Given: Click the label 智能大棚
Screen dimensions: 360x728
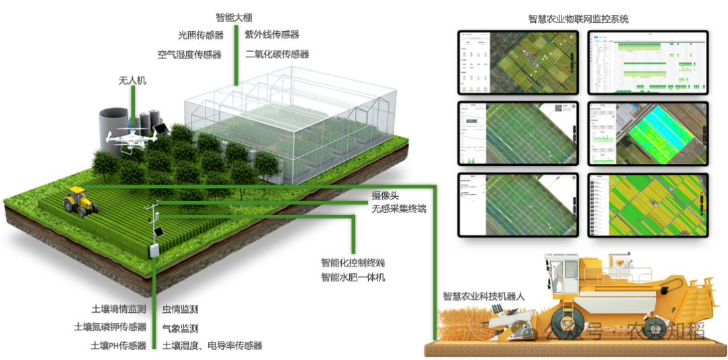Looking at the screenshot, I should (x=234, y=18).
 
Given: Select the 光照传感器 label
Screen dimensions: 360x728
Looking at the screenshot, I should (x=200, y=35).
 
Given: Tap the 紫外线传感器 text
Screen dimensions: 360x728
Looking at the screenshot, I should (x=272, y=34).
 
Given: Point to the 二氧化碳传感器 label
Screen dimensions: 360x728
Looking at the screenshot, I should (x=277, y=55).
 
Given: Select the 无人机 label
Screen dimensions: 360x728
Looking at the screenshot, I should (x=132, y=81).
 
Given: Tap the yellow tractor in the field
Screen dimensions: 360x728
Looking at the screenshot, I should (x=80, y=200).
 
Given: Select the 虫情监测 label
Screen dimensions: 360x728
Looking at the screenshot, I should (x=180, y=309).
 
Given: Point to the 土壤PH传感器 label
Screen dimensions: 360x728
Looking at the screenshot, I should (x=119, y=345).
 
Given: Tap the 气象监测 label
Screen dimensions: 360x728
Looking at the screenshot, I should (x=180, y=328).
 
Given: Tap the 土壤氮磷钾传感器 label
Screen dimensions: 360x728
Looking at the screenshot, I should (x=110, y=328).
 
